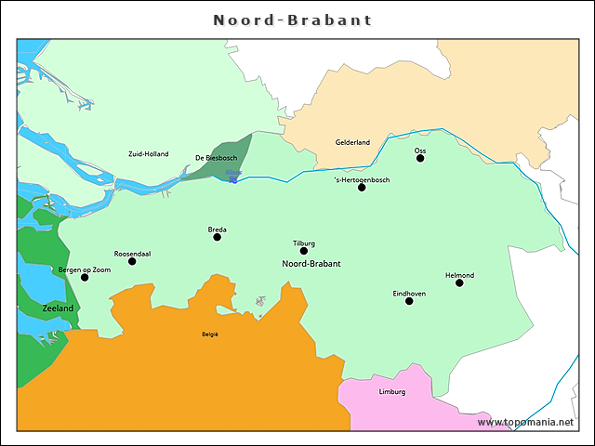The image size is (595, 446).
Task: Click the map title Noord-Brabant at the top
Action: click(x=292, y=20)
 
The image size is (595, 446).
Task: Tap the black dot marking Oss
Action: click(x=420, y=158)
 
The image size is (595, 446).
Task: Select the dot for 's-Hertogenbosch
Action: click(x=362, y=187)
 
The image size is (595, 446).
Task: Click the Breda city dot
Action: click(x=218, y=237)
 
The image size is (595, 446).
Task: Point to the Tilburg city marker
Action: click(x=304, y=251)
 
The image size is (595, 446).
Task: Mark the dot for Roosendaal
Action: click(x=132, y=261)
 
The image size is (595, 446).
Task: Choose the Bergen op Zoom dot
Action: click(x=85, y=277)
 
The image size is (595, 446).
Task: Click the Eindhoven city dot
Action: click(x=409, y=301)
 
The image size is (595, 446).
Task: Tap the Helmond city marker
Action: click(x=459, y=282)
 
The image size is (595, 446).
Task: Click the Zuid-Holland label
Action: click(x=149, y=153)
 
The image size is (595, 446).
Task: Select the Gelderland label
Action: click(x=352, y=142)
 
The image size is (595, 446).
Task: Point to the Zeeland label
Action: click(x=58, y=307)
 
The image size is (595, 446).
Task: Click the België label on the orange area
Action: click(x=210, y=334)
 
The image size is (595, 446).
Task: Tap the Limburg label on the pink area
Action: click(x=392, y=391)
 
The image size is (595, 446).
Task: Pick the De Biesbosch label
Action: click(x=216, y=158)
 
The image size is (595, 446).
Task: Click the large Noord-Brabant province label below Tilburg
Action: click(x=311, y=264)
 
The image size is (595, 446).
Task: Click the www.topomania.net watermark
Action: click(x=525, y=422)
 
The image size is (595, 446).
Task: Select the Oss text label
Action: click(x=420, y=150)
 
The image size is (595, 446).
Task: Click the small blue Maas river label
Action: click(x=233, y=172)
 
